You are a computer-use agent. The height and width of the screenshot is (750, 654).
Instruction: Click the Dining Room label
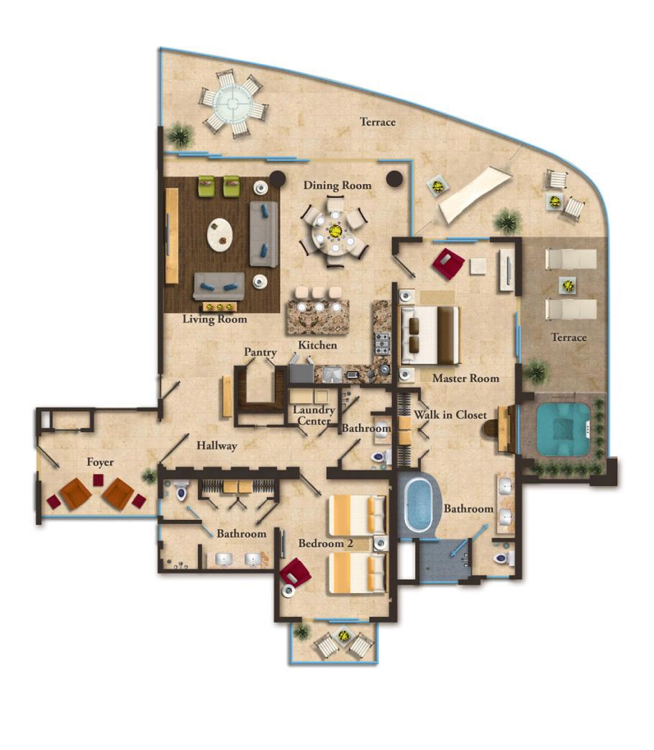tap(337, 186)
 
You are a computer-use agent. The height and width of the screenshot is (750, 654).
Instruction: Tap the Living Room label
tap(214, 319)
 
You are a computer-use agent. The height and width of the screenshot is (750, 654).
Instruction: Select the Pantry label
tap(260, 352)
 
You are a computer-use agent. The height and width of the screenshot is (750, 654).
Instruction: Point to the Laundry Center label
tap(314, 416)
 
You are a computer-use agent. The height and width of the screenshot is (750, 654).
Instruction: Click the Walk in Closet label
tap(450, 415)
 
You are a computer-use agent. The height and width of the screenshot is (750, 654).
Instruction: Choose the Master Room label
tap(465, 378)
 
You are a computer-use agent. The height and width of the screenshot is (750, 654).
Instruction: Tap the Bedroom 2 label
tap(325, 544)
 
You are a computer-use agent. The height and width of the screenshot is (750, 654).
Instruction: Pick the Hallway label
tap(217, 446)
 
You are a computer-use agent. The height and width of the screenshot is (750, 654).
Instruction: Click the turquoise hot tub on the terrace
tap(563, 428)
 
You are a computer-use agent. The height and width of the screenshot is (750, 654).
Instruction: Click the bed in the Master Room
tap(430, 335)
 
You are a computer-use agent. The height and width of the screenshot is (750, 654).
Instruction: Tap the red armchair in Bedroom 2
tap(296, 575)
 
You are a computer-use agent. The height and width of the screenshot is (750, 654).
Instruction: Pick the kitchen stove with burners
tap(381, 344)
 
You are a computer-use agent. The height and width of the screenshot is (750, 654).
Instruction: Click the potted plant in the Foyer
tap(150, 475)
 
